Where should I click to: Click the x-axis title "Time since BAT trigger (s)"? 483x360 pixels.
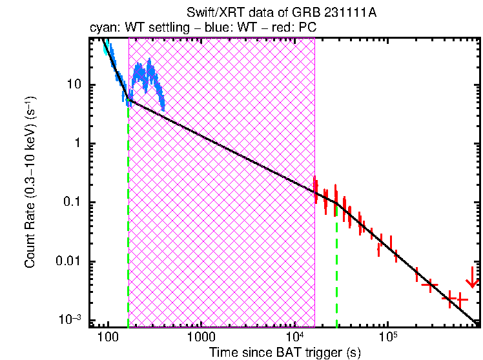[x=285, y=352]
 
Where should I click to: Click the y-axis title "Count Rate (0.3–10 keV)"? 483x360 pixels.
[x=30, y=183]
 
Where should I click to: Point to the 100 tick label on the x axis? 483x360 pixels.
[x=107, y=338]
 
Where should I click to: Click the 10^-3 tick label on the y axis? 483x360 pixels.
[x=70, y=319]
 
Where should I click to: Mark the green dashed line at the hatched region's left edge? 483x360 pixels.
[x=128, y=213]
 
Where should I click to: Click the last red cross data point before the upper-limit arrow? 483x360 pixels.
[x=460, y=299]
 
